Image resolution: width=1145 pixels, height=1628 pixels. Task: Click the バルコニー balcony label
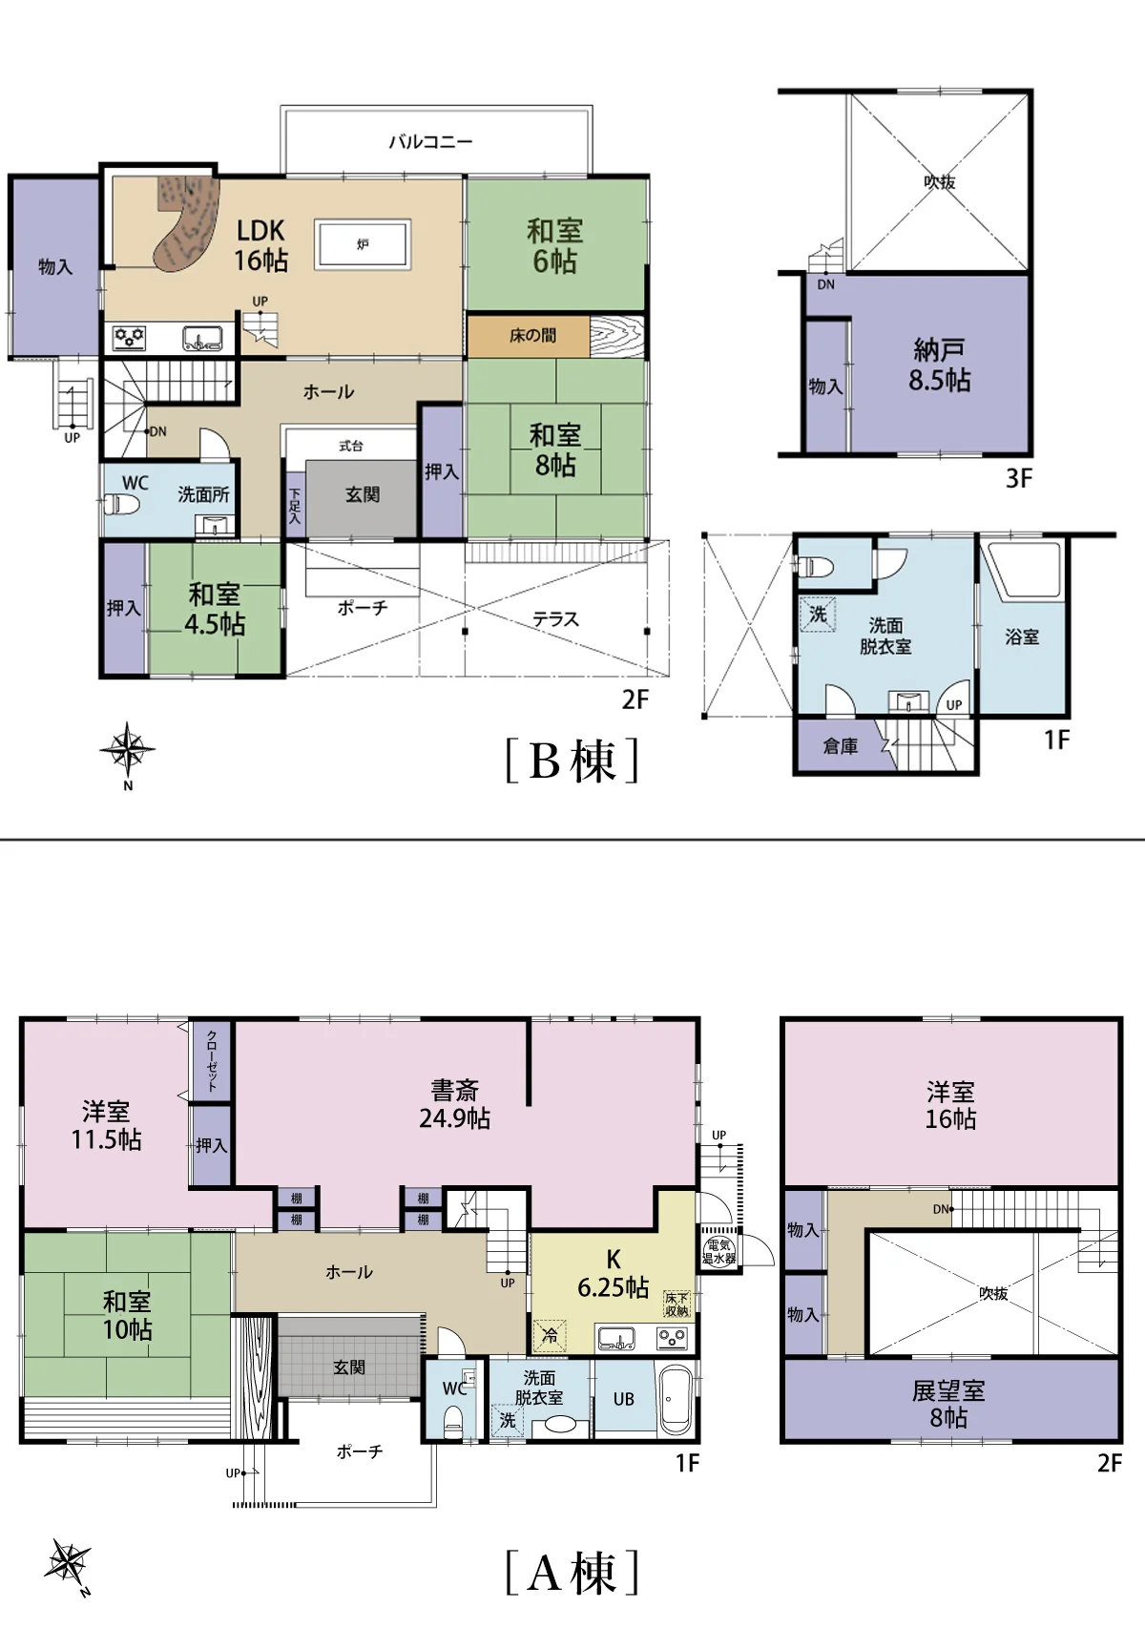coord(430,141)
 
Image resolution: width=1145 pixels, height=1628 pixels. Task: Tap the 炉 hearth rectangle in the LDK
coord(363,245)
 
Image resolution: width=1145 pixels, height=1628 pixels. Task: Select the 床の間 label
coord(532,335)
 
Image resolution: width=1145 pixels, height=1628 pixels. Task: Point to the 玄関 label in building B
coord(362,495)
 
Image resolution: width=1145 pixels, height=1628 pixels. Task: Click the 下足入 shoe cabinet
coord(295,505)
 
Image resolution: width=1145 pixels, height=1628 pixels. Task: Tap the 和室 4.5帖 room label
coord(215,609)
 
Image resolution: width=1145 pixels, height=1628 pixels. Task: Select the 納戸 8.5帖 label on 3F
coord(940,365)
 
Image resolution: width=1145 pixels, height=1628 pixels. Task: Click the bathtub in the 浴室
coord(1021,571)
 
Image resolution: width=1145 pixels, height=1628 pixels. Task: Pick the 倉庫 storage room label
coord(840,745)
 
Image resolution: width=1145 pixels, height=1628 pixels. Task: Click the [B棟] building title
coord(572,761)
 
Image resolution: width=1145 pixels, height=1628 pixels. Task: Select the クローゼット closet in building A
coord(212,1060)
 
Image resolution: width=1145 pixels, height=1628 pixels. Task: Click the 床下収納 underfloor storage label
coord(677,1304)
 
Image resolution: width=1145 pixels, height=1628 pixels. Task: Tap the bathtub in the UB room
coord(675,1400)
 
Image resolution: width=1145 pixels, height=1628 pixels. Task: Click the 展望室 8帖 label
coord(948,1404)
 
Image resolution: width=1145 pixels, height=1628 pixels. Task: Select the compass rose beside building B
coord(127,748)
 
